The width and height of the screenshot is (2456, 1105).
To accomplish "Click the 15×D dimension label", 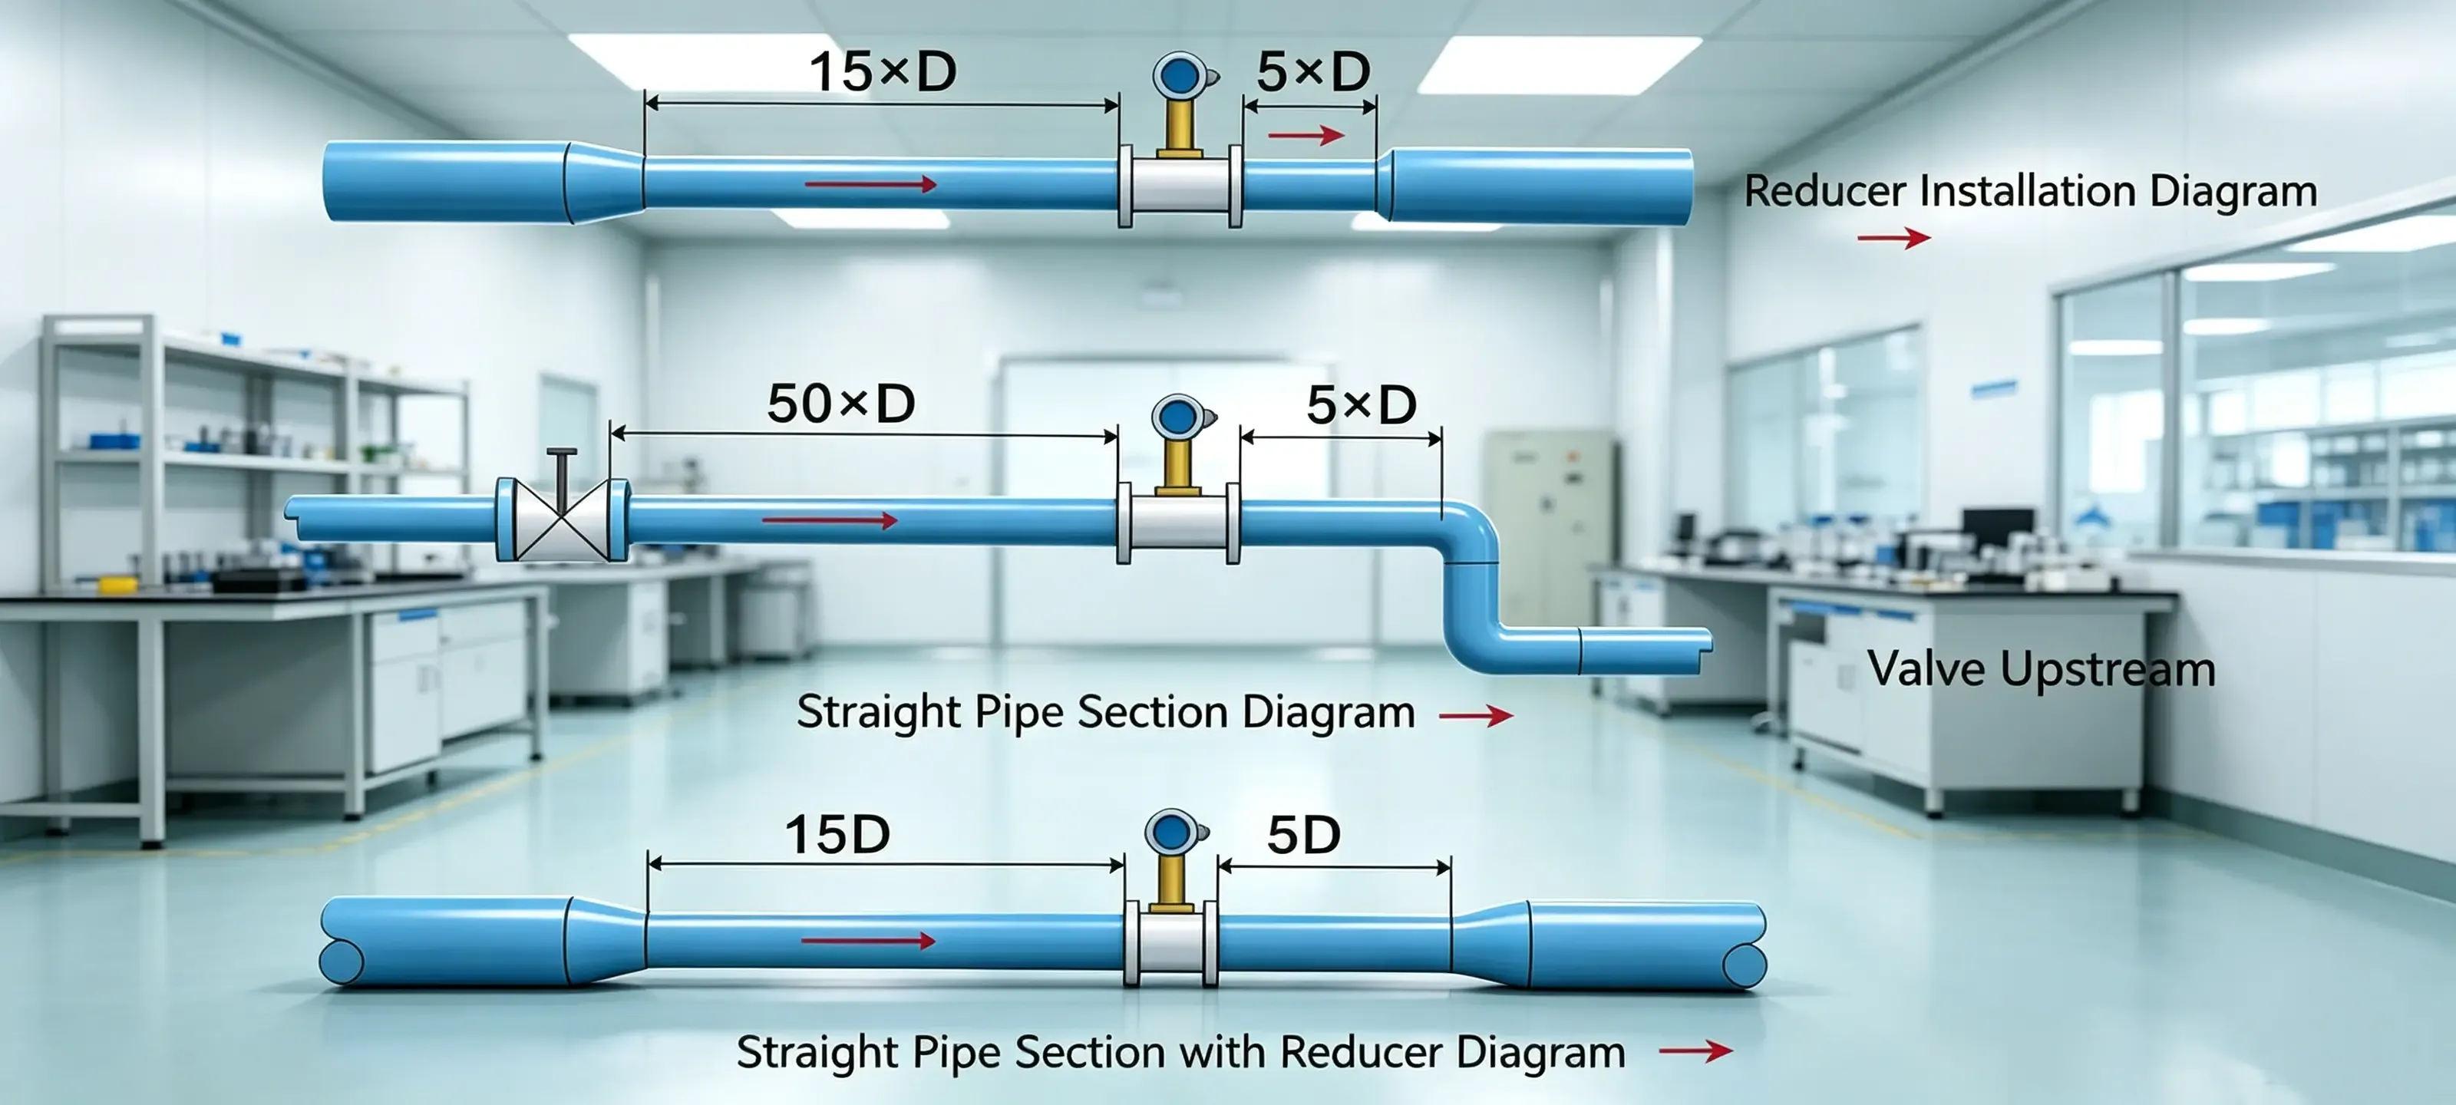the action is [x=883, y=71].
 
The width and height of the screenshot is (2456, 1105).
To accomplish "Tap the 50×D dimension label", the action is [x=841, y=404].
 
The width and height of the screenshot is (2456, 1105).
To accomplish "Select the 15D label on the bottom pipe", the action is [x=837, y=834].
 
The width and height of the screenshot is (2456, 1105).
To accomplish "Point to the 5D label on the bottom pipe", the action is [x=1303, y=835].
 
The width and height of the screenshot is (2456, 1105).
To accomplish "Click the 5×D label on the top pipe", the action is [x=1313, y=71].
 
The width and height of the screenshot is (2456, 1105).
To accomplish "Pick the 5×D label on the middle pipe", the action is [x=1361, y=405].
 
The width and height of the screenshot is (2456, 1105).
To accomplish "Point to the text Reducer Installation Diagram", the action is [x=2031, y=190].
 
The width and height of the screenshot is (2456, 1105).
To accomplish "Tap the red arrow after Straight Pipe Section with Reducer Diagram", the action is [x=1695, y=1051].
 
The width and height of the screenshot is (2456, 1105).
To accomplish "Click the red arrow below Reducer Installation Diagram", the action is [x=1893, y=237].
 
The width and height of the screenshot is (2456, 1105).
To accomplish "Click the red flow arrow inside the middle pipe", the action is [x=830, y=520].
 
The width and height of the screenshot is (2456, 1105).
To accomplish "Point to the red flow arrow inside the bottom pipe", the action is [x=869, y=941].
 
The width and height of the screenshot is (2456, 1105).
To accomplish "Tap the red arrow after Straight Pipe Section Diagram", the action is [x=1476, y=715].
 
